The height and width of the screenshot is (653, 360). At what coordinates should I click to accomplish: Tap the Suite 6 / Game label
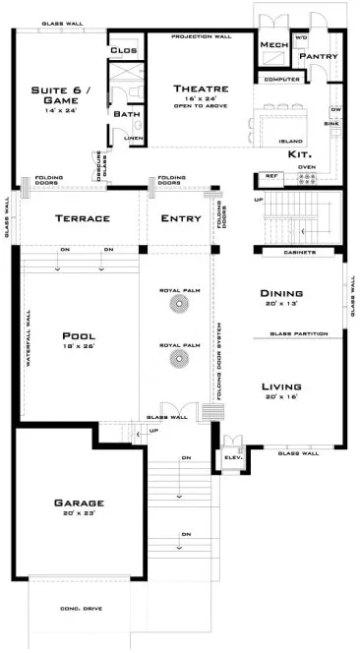pos(53,94)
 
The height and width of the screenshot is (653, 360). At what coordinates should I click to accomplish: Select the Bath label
pos(126,114)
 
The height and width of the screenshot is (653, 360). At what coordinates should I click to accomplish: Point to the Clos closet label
pos(123,49)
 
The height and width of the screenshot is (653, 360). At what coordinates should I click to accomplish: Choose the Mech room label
pos(272,45)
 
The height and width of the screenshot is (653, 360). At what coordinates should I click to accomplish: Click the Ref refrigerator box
pos(270,176)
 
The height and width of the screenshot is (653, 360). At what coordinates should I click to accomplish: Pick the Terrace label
pos(82,218)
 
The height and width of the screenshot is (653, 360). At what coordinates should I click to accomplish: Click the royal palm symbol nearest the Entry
pos(180,305)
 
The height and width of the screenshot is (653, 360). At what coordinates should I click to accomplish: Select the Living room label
pos(280,386)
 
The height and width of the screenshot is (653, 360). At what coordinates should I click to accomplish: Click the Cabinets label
pos(300,253)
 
